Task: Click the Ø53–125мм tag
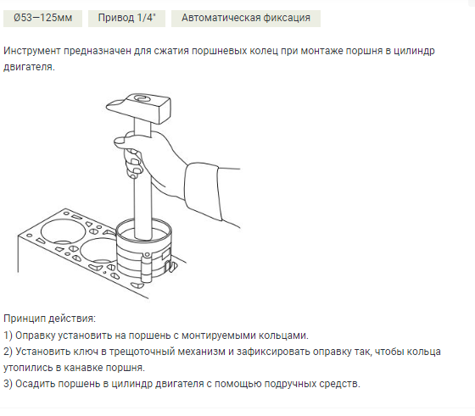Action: pos(38,18)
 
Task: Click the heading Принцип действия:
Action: pos(49,319)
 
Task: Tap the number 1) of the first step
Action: pos(8,335)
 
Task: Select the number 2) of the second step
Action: pos(8,351)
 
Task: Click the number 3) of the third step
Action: pos(8,383)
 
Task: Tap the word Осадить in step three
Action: pos(38,383)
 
